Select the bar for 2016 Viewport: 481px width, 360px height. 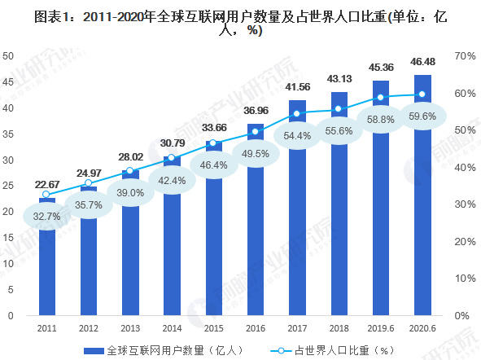pyautogui.click(x=255, y=236)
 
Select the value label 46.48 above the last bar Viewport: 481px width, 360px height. pyautogui.click(x=422, y=62)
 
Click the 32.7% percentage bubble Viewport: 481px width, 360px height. pyautogui.click(x=47, y=217)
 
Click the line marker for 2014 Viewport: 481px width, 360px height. pyautogui.click(x=172, y=158)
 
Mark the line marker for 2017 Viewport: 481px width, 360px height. pyautogui.click(x=296, y=113)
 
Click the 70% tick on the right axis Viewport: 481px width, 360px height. pyautogui.click(x=465, y=55)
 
